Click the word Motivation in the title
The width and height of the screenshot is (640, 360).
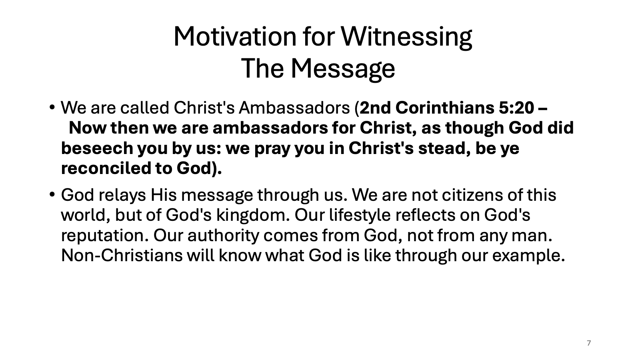(235, 36)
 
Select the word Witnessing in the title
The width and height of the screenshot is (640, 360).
(406, 38)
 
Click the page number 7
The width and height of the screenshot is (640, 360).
(588, 343)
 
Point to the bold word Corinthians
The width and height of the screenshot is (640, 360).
(445, 108)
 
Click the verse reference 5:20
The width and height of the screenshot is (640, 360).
(516, 108)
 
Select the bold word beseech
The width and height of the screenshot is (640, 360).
(97, 148)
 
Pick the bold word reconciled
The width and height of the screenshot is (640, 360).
(106, 168)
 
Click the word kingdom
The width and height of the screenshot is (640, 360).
(250, 216)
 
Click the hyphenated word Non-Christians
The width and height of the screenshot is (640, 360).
(122, 256)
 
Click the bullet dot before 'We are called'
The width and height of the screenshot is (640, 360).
(52, 108)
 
